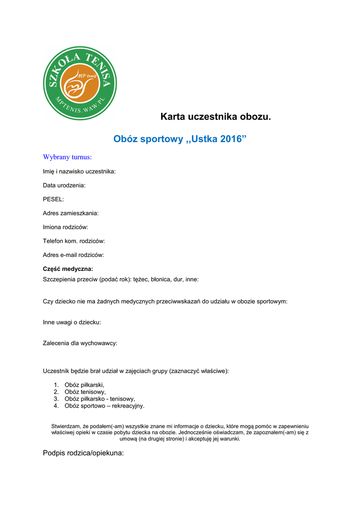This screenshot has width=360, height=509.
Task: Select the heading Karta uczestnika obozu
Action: click(215, 117)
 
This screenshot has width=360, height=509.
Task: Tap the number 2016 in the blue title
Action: click(230, 139)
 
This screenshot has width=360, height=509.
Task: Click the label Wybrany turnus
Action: click(67, 157)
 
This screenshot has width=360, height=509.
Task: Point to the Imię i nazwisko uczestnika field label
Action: click(79, 171)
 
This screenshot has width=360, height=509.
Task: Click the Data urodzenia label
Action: click(64, 185)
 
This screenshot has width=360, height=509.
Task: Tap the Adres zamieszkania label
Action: click(71, 213)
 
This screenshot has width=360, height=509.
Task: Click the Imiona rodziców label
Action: click(65, 227)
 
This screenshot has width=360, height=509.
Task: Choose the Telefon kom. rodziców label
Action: click(74, 241)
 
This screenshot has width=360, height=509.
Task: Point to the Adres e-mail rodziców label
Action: click(73, 255)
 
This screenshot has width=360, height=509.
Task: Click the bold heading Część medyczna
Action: click(68, 269)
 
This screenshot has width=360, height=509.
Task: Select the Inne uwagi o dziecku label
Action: click(72, 322)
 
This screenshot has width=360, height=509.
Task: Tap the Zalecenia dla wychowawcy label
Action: click(80, 343)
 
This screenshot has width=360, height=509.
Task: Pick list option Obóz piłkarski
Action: click(85, 385)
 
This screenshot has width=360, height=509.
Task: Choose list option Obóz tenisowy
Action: click(85, 392)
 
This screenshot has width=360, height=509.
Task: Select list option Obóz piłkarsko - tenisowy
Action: click(99, 399)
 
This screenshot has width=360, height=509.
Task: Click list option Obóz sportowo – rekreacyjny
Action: click(104, 406)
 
